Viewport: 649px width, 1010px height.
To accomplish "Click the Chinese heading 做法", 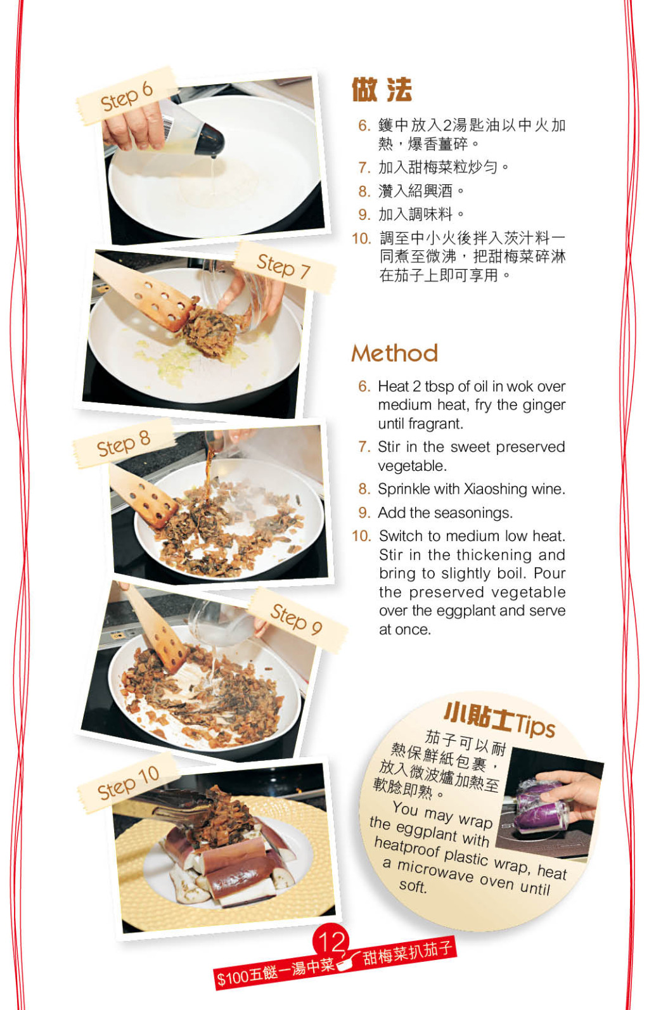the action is tap(382, 89).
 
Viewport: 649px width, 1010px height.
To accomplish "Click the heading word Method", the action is tap(394, 353).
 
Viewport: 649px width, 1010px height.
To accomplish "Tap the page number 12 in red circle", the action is tap(331, 941).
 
